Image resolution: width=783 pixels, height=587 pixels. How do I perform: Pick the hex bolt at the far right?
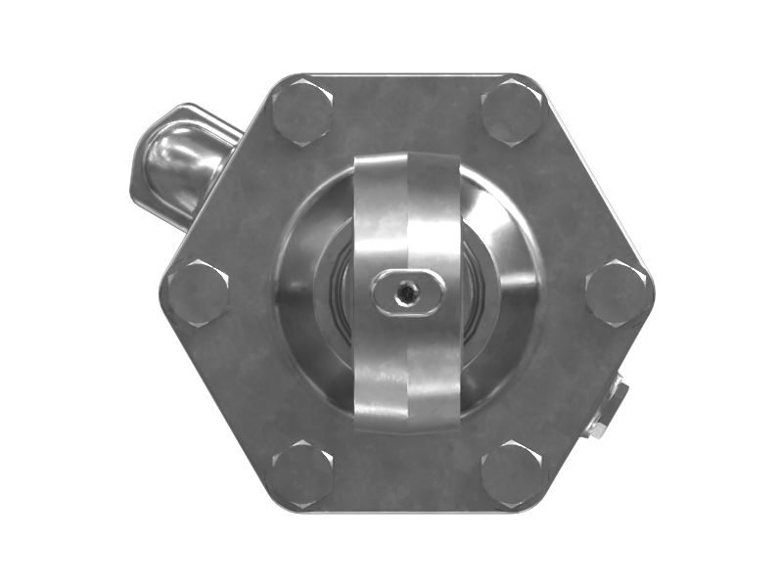[617, 293]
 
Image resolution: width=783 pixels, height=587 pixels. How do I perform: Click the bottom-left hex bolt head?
[301, 474]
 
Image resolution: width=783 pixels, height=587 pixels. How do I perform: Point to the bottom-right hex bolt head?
[513, 474]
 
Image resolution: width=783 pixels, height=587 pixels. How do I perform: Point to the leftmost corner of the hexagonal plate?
[161, 293]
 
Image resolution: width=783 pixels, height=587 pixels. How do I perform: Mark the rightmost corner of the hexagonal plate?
[654, 293]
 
